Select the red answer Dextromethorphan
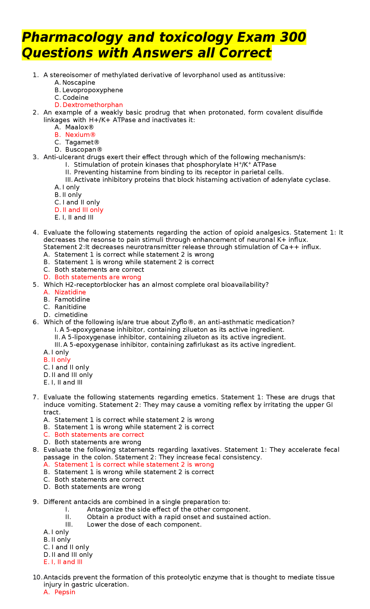point(92,105)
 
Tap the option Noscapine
point(79,83)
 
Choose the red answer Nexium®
point(80,135)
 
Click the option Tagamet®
point(82,142)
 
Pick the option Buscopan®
point(84,150)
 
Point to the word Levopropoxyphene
point(92,90)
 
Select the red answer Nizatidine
point(70,292)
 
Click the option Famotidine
point(72,300)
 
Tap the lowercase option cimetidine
point(71,315)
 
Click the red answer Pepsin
point(65,592)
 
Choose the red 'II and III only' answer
point(83,210)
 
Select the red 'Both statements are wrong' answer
point(98,277)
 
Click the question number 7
point(35,397)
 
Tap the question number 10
point(37,577)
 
